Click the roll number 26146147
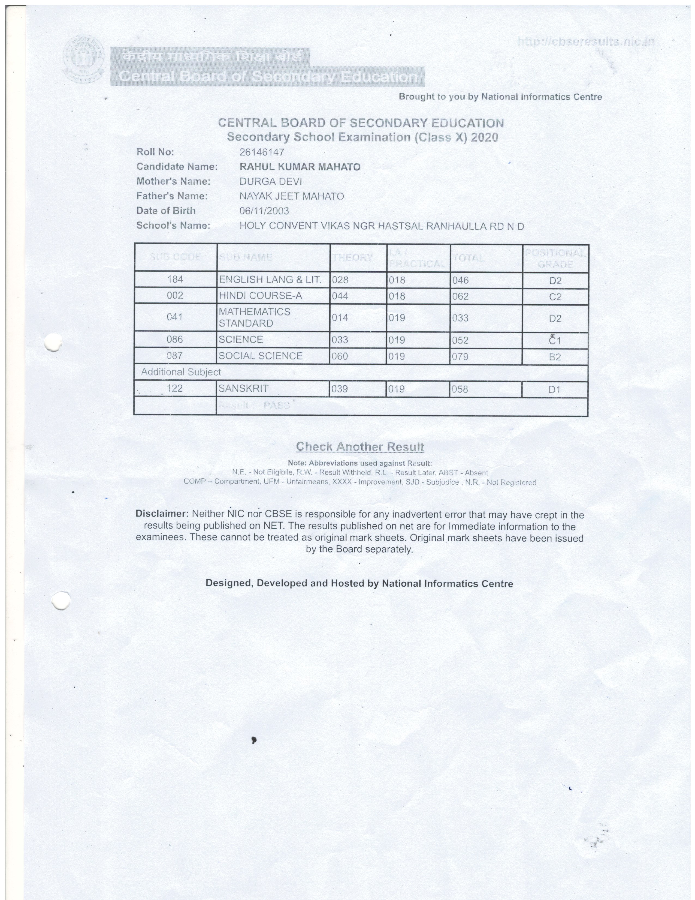pos(262,152)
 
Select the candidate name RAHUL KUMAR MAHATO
pos(300,167)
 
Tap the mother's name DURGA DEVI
pos(271,182)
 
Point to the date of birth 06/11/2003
pos(264,211)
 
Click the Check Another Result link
pos(360,447)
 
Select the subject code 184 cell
pos(175,279)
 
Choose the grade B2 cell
pos(555,357)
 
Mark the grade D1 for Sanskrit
pos(554,389)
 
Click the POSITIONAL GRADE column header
pos(555,258)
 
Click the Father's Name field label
pos(172,196)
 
